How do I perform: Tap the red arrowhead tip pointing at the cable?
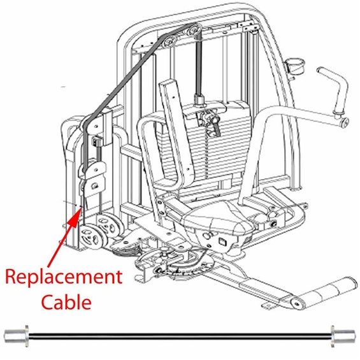pyautogui.click(x=81, y=207)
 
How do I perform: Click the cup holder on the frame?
pyautogui.click(x=294, y=66)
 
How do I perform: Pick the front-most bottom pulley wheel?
pyautogui.click(x=92, y=237)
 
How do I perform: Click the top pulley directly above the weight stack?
pyautogui.click(x=195, y=29)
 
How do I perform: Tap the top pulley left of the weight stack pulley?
pyautogui.click(x=169, y=42)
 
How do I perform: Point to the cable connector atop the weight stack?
pyautogui.click(x=199, y=99)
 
